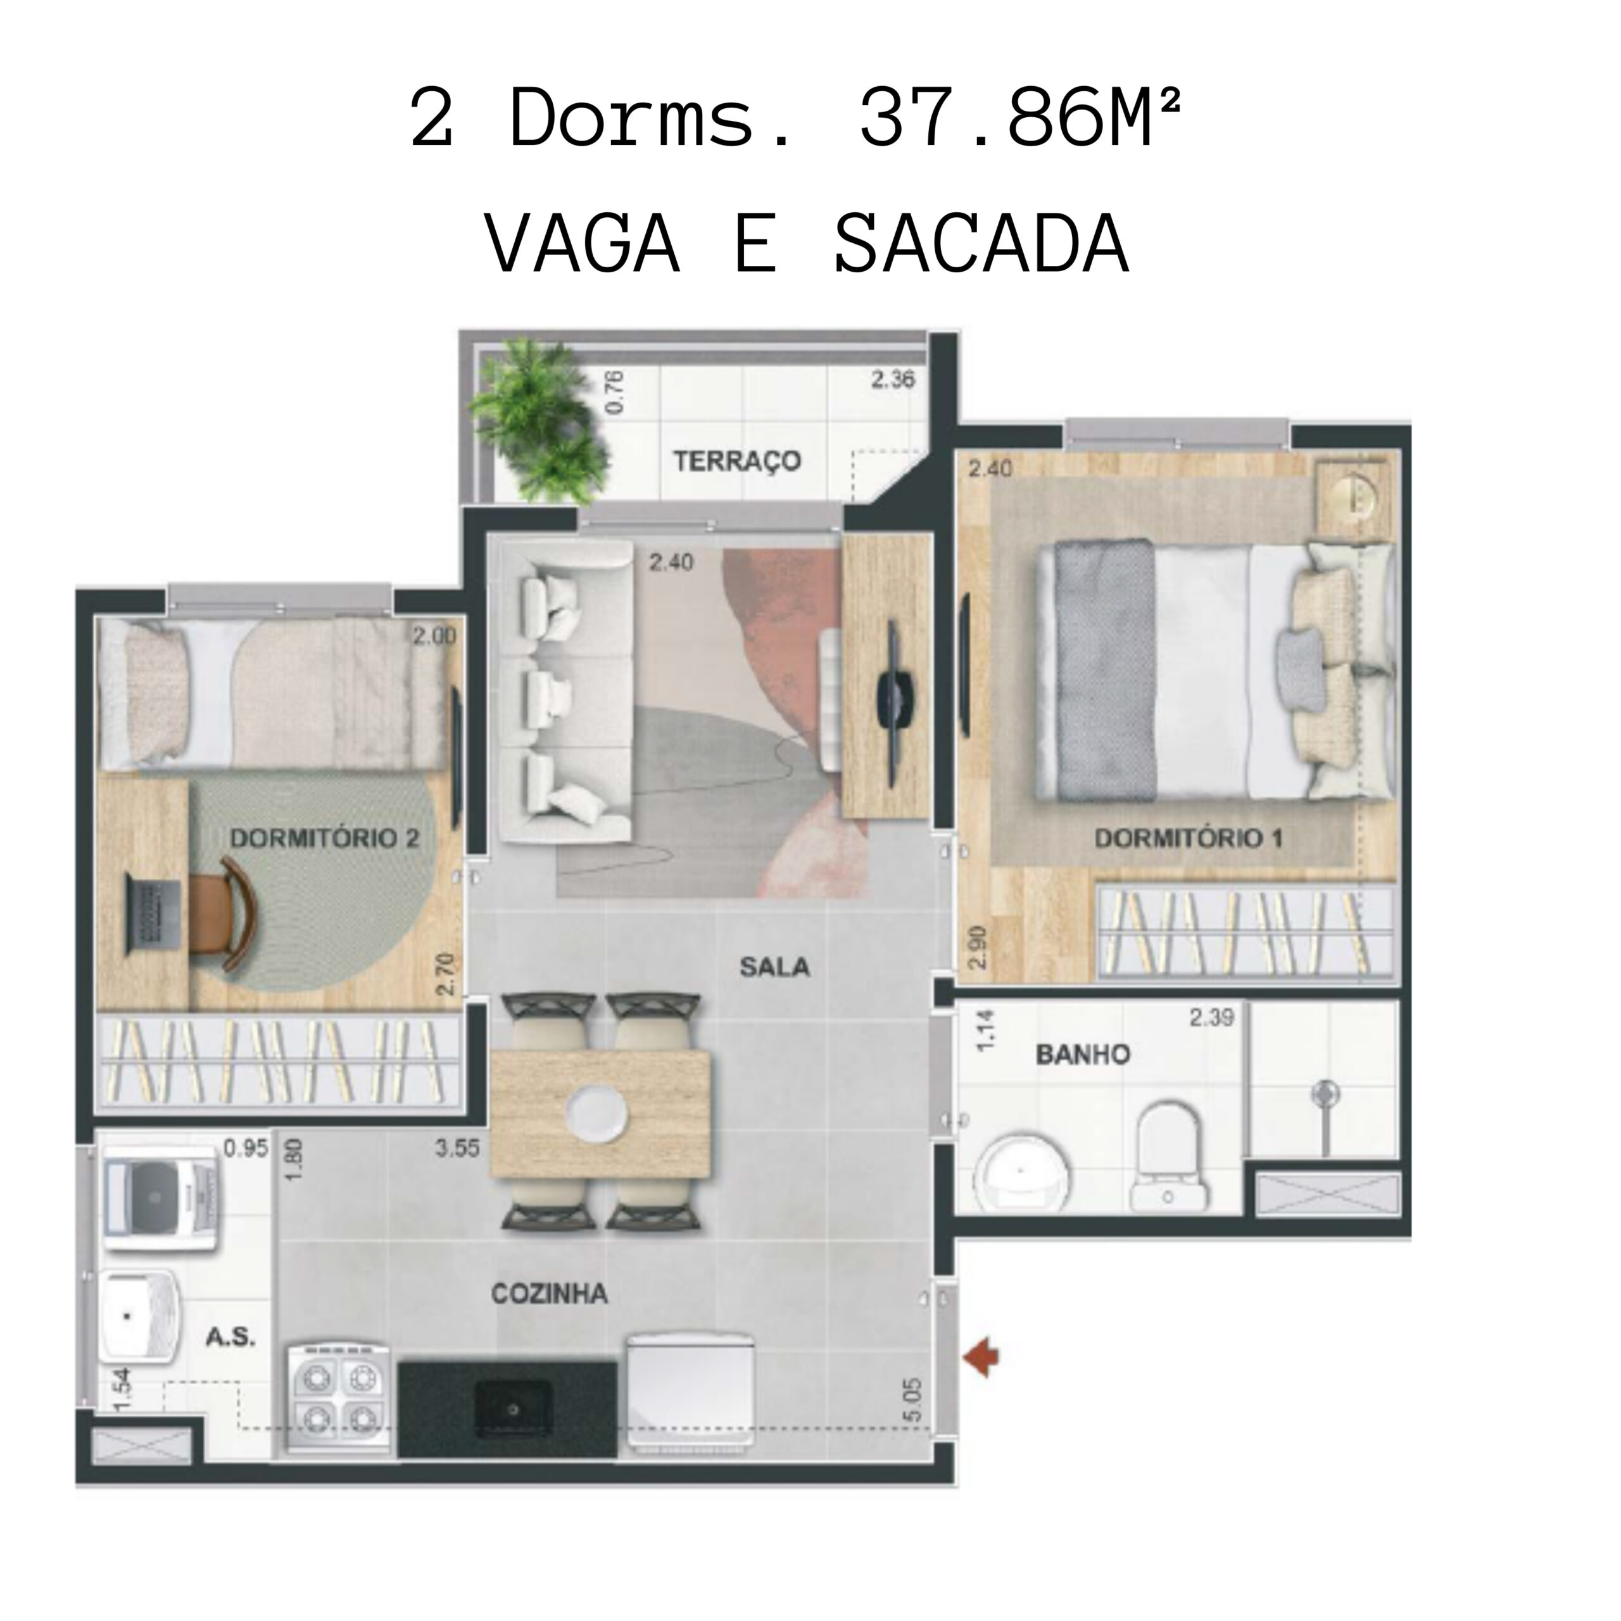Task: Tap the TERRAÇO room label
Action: (x=736, y=460)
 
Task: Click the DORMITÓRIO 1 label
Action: (x=1188, y=837)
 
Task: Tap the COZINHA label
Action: (x=549, y=1294)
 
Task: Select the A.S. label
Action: (x=230, y=1337)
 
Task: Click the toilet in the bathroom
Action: (x=1167, y=1156)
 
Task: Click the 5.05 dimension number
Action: (x=914, y=1399)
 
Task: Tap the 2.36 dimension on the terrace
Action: (x=892, y=380)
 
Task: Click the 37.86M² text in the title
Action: (x=1020, y=119)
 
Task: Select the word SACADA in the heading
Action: (x=981, y=244)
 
